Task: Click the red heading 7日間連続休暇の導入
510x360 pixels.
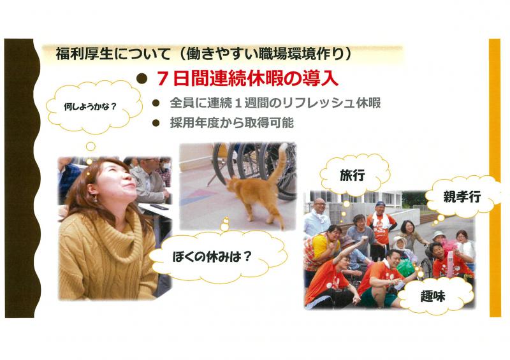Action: [x=248, y=79]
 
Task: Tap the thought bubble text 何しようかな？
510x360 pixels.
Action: [x=90, y=106]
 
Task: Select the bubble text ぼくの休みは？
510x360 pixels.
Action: [x=212, y=257]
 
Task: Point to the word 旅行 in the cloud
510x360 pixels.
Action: [x=353, y=175]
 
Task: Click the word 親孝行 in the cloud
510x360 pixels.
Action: [x=462, y=197]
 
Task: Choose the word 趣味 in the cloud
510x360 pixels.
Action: [x=433, y=296]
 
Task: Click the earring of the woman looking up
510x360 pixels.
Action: [x=95, y=198]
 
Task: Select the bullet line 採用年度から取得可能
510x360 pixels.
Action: [x=231, y=122]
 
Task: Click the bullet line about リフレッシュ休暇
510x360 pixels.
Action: [x=275, y=103]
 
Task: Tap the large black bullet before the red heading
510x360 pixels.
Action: [x=141, y=79]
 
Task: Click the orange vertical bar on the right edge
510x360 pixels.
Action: [x=495, y=177]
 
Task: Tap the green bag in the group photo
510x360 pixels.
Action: [x=405, y=268]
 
